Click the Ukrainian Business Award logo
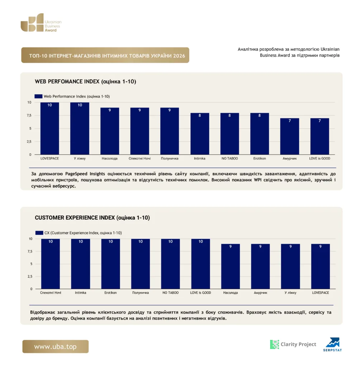(x=41, y=23)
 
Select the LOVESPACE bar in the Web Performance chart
(x=49, y=128)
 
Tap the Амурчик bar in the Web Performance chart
(x=289, y=136)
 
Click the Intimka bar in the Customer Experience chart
(x=81, y=264)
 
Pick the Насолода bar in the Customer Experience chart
(x=231, y=266)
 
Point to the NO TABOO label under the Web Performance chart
(x=229, y=158)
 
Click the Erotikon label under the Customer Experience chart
(x=110, y=292)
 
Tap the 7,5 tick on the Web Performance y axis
(x=29, y=115)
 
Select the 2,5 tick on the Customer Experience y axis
(x=30, y=276)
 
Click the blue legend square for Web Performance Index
(x=38, y=96)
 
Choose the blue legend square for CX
(x=39, y=233)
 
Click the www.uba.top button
(x=56, y=347)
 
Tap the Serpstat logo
(x=333, y=344)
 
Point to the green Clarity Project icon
(x=275, y=344)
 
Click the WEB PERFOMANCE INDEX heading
(x=85, y=81)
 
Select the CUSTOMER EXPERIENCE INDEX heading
(x=92, y=218)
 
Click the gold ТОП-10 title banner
(x=105, y=55)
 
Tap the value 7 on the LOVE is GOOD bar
(x=319, y=121)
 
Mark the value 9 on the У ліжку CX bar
(x=290, y=247)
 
